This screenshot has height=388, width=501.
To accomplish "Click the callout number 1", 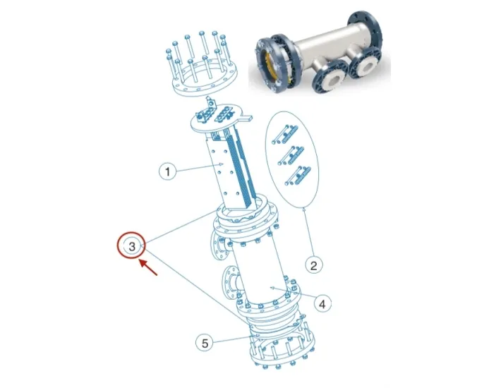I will [167, 171].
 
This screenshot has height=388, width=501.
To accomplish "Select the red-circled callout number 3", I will [131, 246].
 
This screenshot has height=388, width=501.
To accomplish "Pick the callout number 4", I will [321, 304].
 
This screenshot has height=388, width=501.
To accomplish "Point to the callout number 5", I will [205, 343].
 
